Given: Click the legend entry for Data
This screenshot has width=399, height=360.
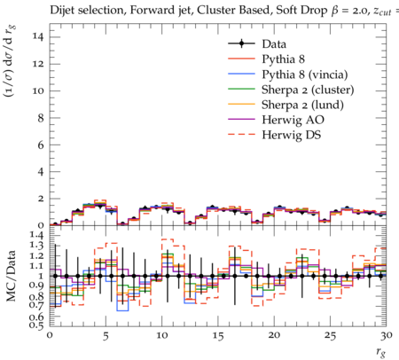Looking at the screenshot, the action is pos(274,44).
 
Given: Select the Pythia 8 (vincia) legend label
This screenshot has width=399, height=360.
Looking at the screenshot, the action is pos(305,74).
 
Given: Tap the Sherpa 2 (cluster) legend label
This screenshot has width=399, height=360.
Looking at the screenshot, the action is pos(308,90).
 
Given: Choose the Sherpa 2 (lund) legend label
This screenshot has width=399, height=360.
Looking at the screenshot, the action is pos(302,105).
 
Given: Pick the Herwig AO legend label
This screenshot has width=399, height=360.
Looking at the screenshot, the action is pos(293,120).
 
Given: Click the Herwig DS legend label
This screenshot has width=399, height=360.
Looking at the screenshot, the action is pos(292,135).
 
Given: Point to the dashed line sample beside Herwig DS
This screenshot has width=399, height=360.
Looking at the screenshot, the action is pos(241,135).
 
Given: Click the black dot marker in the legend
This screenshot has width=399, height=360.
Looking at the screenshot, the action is pos(241,43).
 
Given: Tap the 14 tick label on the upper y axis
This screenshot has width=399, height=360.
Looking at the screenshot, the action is pos(39,37).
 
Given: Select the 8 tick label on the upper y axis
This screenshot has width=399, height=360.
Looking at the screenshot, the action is pos(42,118).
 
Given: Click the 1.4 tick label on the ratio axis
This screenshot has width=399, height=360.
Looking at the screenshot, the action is pos(36,235).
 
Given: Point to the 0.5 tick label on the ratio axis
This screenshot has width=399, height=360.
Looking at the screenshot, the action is pos(36,325).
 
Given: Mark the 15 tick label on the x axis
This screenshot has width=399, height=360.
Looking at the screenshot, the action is pos(218,336).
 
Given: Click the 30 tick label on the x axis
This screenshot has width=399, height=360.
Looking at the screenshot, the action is pos(387,335).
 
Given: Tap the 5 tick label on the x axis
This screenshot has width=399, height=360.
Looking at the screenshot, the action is pos(106,336).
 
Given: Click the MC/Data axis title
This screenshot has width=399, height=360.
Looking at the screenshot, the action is pos(11,276).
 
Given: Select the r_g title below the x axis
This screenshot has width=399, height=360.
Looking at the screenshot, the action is pos(381,352).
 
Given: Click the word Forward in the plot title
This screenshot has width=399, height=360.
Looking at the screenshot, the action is pos(147,11).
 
